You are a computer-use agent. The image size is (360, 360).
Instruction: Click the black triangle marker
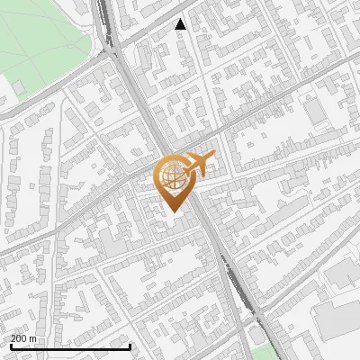(181, 24)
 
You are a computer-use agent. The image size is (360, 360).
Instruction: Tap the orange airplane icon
(197, 165)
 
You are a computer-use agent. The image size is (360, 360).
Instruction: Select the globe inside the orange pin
(173, 177)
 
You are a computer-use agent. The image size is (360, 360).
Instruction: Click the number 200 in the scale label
(20, 339)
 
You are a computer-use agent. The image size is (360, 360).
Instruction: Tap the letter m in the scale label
(34, 339)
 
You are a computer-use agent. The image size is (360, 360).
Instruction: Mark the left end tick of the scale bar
(10, 346)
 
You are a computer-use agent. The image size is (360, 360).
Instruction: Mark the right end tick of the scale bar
(130, 346)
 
